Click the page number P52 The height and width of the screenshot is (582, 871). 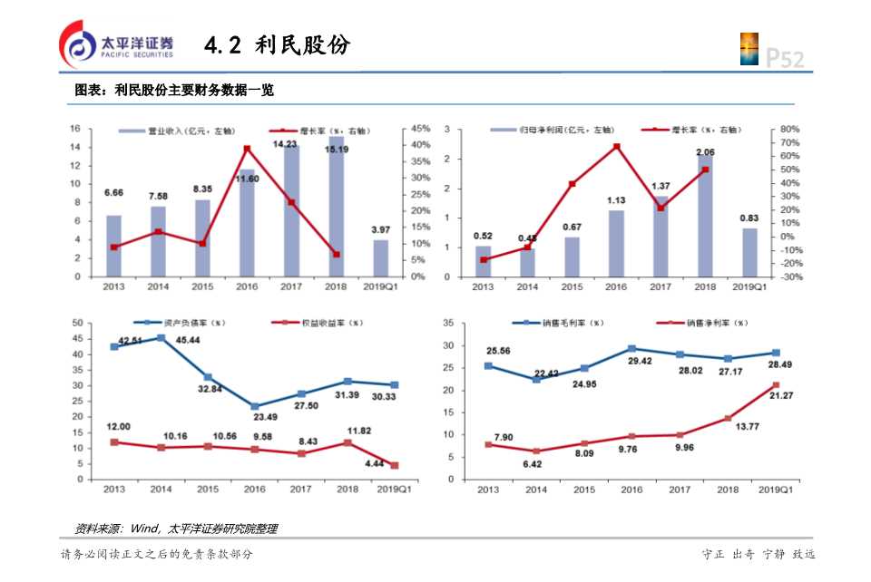click(785, 59)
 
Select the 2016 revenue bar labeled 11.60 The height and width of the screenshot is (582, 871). click(247, 222)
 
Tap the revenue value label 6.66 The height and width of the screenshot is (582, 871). click(114, 193)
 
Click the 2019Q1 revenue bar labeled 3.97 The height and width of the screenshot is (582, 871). click(380, 257)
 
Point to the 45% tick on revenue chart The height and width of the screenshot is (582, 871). click(420, 129)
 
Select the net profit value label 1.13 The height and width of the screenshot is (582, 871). click(617, 200)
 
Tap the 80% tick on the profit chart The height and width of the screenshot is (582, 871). click(788, 130)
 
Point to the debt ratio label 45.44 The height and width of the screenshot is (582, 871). click(188, 340)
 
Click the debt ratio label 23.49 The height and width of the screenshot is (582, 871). click(264, 417)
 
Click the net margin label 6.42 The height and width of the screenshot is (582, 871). click(533, 463)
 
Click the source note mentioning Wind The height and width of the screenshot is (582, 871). click(175, 529)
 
